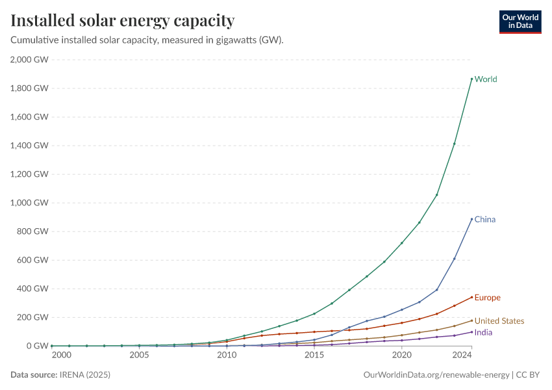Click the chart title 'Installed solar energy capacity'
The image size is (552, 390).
coord(123,21)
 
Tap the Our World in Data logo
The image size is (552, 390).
coord(520,21)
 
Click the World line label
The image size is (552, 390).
coord(486,79)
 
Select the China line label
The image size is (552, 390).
coord(485,219)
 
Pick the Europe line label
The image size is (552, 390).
coord(488,298)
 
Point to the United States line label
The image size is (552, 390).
coord(499,321)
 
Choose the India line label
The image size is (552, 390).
coord(483,332)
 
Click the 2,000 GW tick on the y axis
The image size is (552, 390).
coord(29,60)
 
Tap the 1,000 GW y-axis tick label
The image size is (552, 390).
coord(29,203)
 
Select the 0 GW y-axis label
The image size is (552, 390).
coord(38,346)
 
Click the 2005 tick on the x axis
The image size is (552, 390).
coord(139,356)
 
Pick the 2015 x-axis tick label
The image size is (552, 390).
coord(314,356)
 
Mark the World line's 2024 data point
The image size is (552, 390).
coord(471,79)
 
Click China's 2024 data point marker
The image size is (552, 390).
coord(471,219)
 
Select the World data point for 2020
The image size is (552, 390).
coord(402,243)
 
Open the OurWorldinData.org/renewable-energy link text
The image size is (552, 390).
coord(436,375)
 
